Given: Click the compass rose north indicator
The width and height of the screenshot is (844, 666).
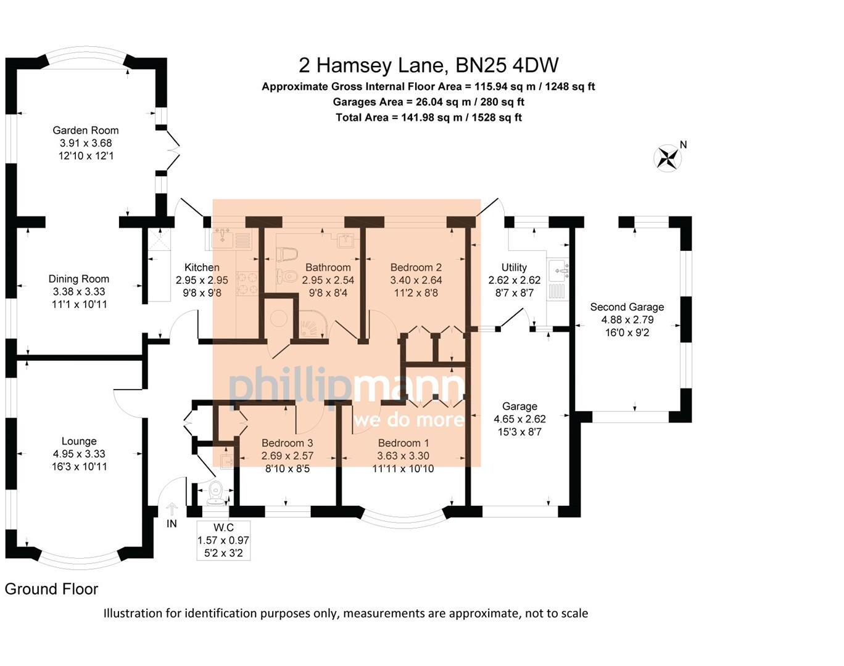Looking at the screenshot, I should (x=668, y=157).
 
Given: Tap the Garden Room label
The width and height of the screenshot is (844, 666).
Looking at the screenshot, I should (x=85, y=130).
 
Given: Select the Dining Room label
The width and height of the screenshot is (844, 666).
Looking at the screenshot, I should (x=79, y=279).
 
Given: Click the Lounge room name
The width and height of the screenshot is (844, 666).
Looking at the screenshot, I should (x=79, y=441).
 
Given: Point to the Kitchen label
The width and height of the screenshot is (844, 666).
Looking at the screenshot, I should (x=202, y=267).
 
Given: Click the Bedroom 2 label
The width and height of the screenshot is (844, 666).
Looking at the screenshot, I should (x=416, y=267).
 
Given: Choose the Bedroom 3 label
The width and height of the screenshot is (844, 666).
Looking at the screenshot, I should (x=287, y=443).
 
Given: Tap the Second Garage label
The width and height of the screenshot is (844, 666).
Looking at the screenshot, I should (x=627, y=306).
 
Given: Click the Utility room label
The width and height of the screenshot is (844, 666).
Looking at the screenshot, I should (x=514, y=267).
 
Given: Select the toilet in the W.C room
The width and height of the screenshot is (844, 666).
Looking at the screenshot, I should (x=215, y=491).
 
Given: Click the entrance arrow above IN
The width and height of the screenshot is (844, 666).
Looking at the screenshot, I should (x=172, y=509).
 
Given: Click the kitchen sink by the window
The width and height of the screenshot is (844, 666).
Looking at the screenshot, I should (x=221, y=237).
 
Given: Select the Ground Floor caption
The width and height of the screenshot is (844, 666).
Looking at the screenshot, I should (x=51, y=589).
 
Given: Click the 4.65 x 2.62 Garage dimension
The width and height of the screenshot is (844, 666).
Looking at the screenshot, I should (x=519, y=419).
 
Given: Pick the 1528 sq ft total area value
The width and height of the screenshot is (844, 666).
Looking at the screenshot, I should (x=497, y=117).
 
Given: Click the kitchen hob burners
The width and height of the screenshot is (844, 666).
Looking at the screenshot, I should (x=248, y=284).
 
